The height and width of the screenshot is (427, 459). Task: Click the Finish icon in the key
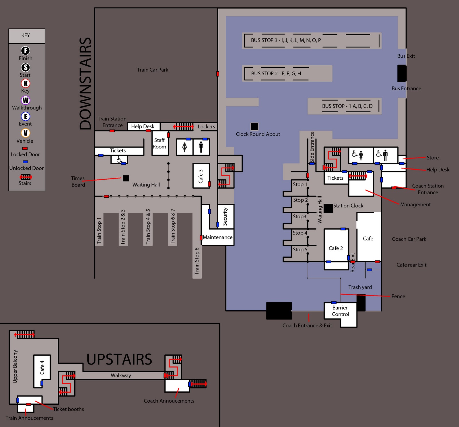pos(26,51)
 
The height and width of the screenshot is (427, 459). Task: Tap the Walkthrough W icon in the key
pos(26,100)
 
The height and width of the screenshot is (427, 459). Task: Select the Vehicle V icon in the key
pos(26,133)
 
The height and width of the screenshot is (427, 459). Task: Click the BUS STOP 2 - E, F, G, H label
pos(276,74)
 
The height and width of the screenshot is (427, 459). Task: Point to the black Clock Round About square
pos(254,126)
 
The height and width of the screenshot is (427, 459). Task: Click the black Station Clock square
pos(328,208)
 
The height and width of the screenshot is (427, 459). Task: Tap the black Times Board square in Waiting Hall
pos(126,178)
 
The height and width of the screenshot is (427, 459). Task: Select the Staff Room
pos(160,143)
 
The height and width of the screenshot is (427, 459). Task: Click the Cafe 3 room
pos(201,176)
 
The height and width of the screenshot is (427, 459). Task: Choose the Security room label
pos(225,216)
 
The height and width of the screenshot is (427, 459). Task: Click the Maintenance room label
pos(217,237)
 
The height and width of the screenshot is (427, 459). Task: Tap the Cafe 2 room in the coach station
pos(336,248)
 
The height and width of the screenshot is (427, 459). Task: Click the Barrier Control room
pos(340,311)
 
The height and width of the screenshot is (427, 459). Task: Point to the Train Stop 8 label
pos(197,261)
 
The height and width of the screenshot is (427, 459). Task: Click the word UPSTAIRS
pos(119,359)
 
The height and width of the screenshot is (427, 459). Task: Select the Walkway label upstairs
pos(121,375)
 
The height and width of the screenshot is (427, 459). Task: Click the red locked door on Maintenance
pos(201,238)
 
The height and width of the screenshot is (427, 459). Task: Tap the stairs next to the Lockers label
pos(184,126)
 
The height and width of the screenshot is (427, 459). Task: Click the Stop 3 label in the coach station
pos(299,216)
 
